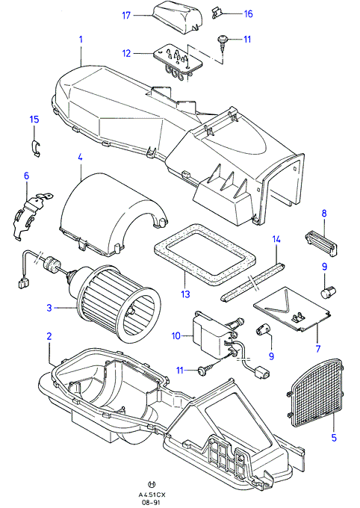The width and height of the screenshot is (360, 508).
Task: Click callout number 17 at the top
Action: (126, 15)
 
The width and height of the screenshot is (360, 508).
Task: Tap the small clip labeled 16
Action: (217, 13)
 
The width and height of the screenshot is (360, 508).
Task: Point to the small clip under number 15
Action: (37, 148)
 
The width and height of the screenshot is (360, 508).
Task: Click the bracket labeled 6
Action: (31, 214)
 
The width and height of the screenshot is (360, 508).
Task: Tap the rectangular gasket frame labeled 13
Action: (204, 254)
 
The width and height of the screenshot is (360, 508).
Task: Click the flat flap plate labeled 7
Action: (294, 309)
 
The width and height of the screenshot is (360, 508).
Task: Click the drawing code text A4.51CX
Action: (152, 495)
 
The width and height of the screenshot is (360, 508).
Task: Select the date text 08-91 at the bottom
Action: (152, 503)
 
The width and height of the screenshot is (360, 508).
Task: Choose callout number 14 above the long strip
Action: (276, 239)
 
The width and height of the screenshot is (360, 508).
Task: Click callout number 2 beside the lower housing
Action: (49, 336)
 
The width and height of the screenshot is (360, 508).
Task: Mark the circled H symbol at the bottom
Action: (152, 485)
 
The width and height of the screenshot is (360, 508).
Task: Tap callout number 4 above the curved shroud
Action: (80, 158)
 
